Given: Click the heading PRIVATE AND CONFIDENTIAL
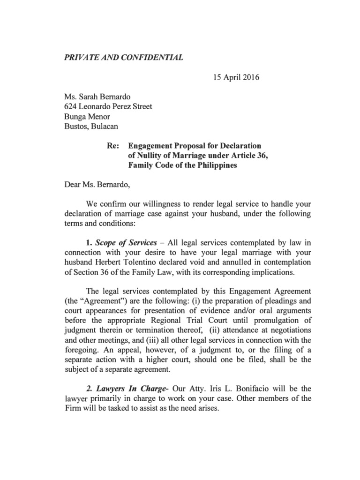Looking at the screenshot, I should pos(123,58).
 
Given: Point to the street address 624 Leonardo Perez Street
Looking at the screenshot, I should pos(108,106).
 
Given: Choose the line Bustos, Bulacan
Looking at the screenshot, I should pos(91,126).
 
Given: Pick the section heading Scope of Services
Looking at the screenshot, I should pos(126,242).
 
